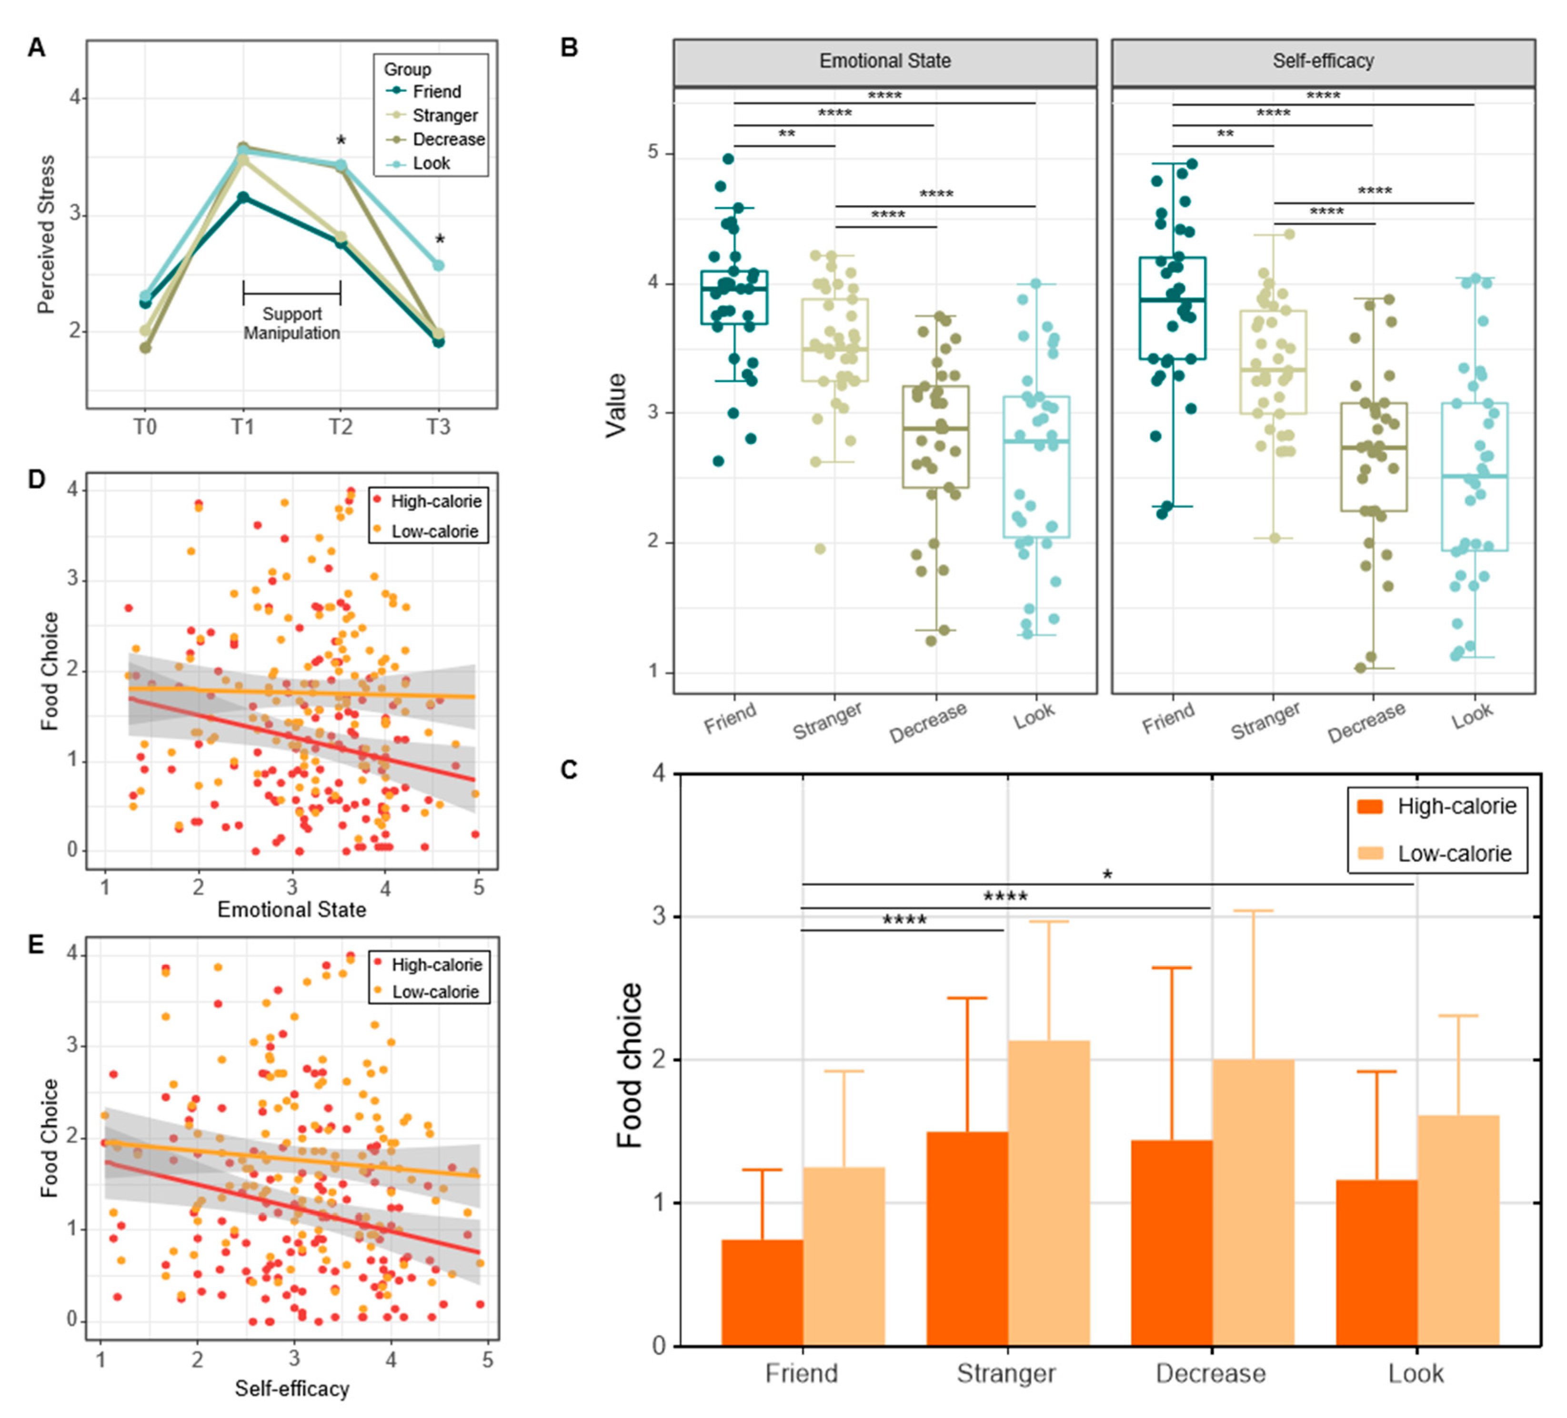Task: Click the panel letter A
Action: (x=37, y=48)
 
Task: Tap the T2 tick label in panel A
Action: (x=341, y=426)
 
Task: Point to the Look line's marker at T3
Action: (x=438, y=266)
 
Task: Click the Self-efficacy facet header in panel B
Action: (x=1323, y=61)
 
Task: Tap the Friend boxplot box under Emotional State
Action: (x=734, y=297)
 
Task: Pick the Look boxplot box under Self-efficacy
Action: (x=1475, y=476)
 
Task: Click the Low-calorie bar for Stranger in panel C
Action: (x=1048, y=1193)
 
